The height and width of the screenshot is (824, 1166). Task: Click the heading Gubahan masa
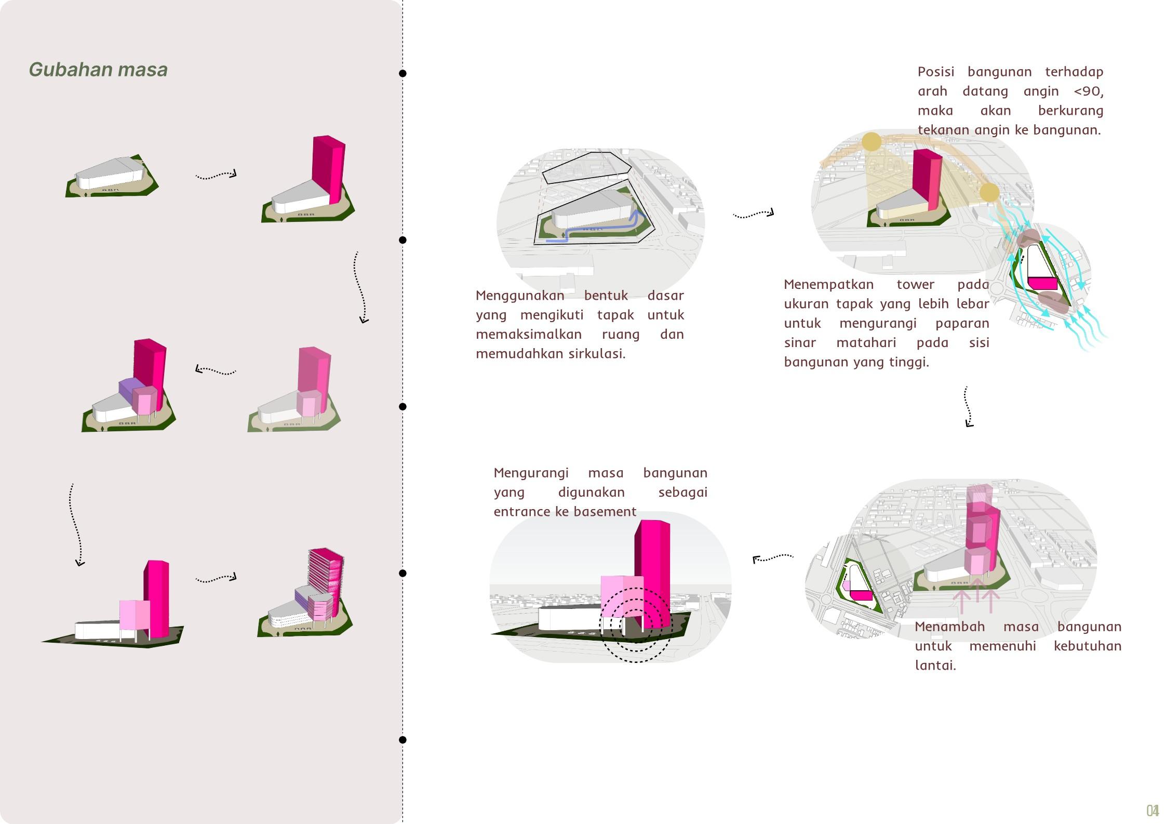point(98,70)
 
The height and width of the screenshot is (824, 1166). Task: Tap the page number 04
point(1152,811)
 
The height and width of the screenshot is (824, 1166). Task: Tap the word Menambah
point(949,627)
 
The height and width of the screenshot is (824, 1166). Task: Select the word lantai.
point(935,666)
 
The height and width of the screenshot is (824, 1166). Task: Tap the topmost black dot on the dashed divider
point(403,73)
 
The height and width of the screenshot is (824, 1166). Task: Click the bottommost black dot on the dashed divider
point(403,740)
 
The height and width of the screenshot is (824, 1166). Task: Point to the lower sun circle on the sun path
point(989,192)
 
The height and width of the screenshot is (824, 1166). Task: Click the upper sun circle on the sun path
point(872,141)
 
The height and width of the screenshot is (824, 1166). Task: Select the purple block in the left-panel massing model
point(130,388)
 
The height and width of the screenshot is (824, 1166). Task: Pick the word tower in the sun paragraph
point(915,285)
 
